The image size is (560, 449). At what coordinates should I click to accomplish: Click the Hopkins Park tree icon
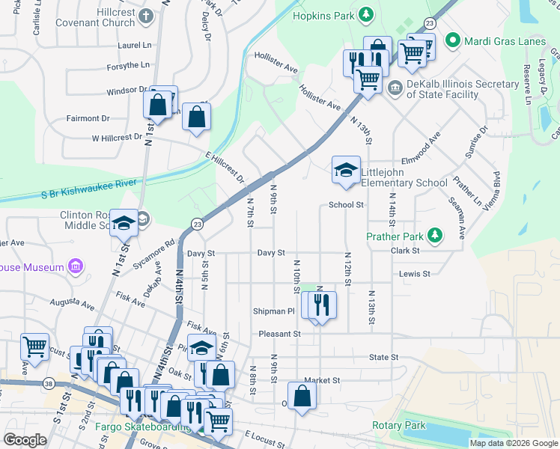click(x=365, y=15)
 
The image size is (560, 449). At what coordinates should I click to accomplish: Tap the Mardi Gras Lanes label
click(x=505, y=40)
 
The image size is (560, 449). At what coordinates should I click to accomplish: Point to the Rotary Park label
click(x=398, y=426)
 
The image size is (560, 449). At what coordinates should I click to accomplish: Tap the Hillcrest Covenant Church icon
click(x=147, y=15)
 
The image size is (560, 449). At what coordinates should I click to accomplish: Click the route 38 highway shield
click(x=49, y=382)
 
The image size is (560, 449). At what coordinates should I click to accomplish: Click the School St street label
click(x=346, y=205)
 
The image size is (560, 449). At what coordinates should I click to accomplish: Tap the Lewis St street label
click(x=414, y=274)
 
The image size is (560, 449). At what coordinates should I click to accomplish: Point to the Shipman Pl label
click(x=274, y=311)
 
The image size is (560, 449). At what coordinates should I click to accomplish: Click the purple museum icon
click(x=74, y=266)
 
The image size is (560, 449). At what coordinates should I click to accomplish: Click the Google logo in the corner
click(x=25, y=440)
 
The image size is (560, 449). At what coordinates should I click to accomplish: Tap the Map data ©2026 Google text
click(x=513, y=443)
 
